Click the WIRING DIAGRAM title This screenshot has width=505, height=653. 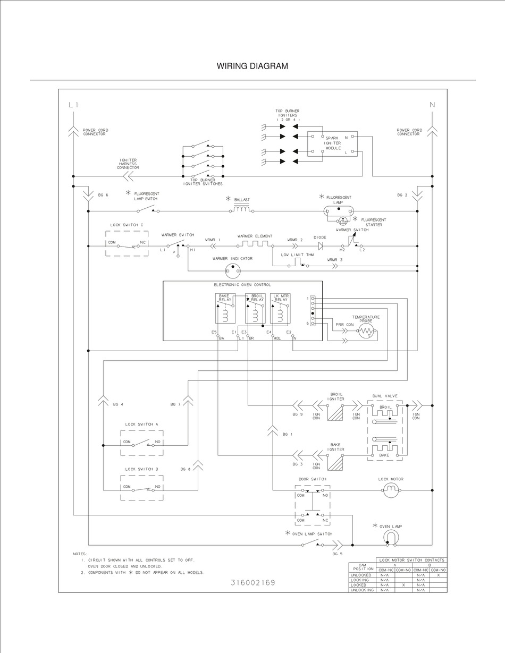(x=252, y=66)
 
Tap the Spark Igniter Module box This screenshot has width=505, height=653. (x=332, y=144)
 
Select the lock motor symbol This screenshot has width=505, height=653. (x=391, y=490)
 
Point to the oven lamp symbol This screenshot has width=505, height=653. (x=391, y=538)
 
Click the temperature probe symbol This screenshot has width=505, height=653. (x=366, y=332)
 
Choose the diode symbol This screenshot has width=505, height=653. (x=321, y=246)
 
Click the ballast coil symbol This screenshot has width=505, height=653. (x=242, y=209)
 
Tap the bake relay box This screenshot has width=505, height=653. (x=225, y=308)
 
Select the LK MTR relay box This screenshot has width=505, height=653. (x=280, y=308)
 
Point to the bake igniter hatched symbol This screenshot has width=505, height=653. (x=335, y=462)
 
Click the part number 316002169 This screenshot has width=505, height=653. (x=253, y=582)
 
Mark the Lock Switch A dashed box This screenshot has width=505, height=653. (x=141, y=443)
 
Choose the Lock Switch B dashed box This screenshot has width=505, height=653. (x=141, y=487)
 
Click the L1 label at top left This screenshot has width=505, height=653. (x=73, y=105)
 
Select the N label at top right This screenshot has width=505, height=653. (x=432, y=105)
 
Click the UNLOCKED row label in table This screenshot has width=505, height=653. (x=361, y=575)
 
